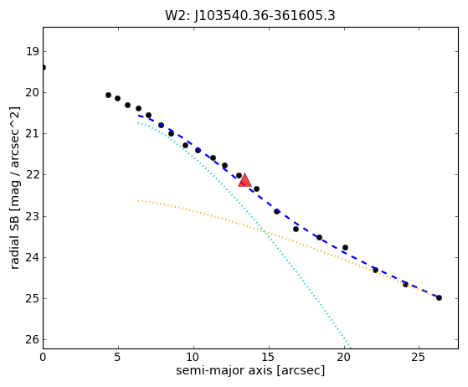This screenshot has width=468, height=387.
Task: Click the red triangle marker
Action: pos(244,180)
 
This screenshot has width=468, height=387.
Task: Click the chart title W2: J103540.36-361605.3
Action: pos(250,16)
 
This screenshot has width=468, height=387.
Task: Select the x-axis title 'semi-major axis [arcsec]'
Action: pos(250,370)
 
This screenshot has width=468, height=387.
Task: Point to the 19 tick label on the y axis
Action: pos(33,52)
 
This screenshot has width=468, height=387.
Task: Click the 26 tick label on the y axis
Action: pos(33,339)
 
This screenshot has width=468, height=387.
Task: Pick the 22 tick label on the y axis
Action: pos(33,175)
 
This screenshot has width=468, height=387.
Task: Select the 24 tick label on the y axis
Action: pos(33,257)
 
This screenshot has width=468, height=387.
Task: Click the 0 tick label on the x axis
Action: pos(43,357)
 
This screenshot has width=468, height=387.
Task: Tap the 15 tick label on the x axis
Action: pos(269,357)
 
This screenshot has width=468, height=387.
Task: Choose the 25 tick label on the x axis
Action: pos(419,357)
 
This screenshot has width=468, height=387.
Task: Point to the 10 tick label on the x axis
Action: pos(193,357)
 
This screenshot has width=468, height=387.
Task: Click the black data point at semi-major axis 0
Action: pos(44,68)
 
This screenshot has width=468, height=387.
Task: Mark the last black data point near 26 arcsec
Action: pos(439,297)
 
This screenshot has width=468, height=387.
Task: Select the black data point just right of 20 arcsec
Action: pos(345,248)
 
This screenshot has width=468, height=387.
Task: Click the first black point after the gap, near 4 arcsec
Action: pos(108,95)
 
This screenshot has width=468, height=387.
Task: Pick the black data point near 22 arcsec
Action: pos(375,271)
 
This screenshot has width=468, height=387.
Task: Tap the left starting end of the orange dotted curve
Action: pos(138,200)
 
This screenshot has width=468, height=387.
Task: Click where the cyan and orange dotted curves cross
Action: pos(264,230)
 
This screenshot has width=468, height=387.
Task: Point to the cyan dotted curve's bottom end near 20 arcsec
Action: pos(351,348)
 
